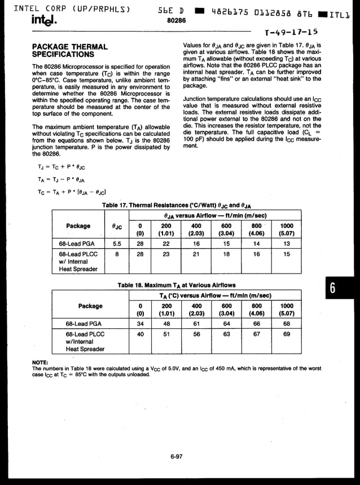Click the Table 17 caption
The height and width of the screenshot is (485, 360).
[177, 206]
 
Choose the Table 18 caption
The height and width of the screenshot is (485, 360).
[177, 285]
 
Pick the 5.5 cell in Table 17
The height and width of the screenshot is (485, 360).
[117, 244]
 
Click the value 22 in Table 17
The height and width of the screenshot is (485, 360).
[166, 244]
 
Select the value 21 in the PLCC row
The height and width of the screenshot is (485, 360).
[196, 254]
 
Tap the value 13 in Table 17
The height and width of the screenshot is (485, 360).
[287, 244]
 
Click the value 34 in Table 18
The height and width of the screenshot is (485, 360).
[140, 324]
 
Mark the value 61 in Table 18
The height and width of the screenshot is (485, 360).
[196, 324]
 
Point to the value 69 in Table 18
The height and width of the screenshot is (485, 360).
[287, 334]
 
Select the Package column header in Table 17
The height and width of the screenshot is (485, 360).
[78, 226]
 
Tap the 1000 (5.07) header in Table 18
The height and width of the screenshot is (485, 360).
[287, 310]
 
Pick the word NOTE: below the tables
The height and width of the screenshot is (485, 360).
[40, 362]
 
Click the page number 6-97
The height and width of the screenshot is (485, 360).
[177, 457]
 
